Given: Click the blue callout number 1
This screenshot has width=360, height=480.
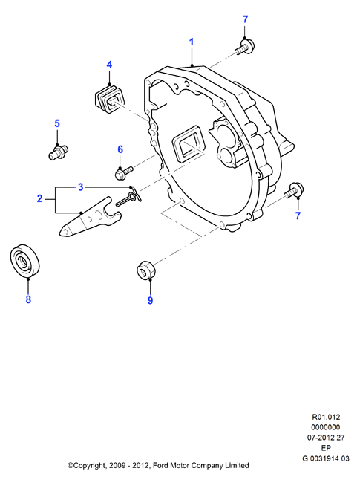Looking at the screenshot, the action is [x=192, y=42].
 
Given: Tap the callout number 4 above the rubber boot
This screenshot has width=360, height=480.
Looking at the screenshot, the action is [x=109, y=65].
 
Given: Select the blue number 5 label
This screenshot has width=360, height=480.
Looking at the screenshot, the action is [x=57, y=123].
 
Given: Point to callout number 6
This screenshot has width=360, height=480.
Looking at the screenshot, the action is [x=120, y=149].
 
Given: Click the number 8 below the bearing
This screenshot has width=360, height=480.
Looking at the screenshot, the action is [x=28, y=299].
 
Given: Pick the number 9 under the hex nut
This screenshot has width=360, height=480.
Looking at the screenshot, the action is [x=150, y=300].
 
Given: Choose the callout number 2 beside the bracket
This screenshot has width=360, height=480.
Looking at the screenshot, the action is [x=40, y=198].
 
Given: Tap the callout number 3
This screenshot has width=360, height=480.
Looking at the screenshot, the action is [x=80, y=187].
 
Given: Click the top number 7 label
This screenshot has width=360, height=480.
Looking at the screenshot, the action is [x=245, y=19].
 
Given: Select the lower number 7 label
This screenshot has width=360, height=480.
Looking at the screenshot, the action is [x=298, y=215].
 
